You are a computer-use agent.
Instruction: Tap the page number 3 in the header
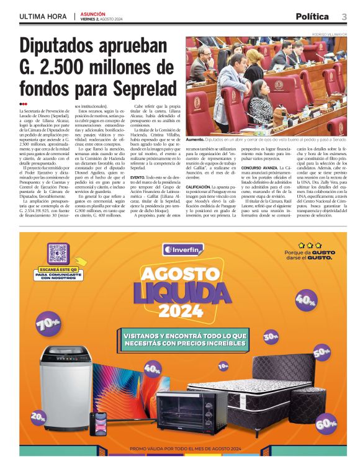(x=343, y=17)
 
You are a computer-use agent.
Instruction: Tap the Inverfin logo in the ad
(x=182, y=249)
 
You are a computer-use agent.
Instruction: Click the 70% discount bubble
(x=48, y=323)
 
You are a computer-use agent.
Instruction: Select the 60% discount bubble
(x=325, y=424)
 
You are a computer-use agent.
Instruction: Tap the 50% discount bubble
(x=322, y=352)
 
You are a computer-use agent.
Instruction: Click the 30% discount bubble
(x=271, y=337)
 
